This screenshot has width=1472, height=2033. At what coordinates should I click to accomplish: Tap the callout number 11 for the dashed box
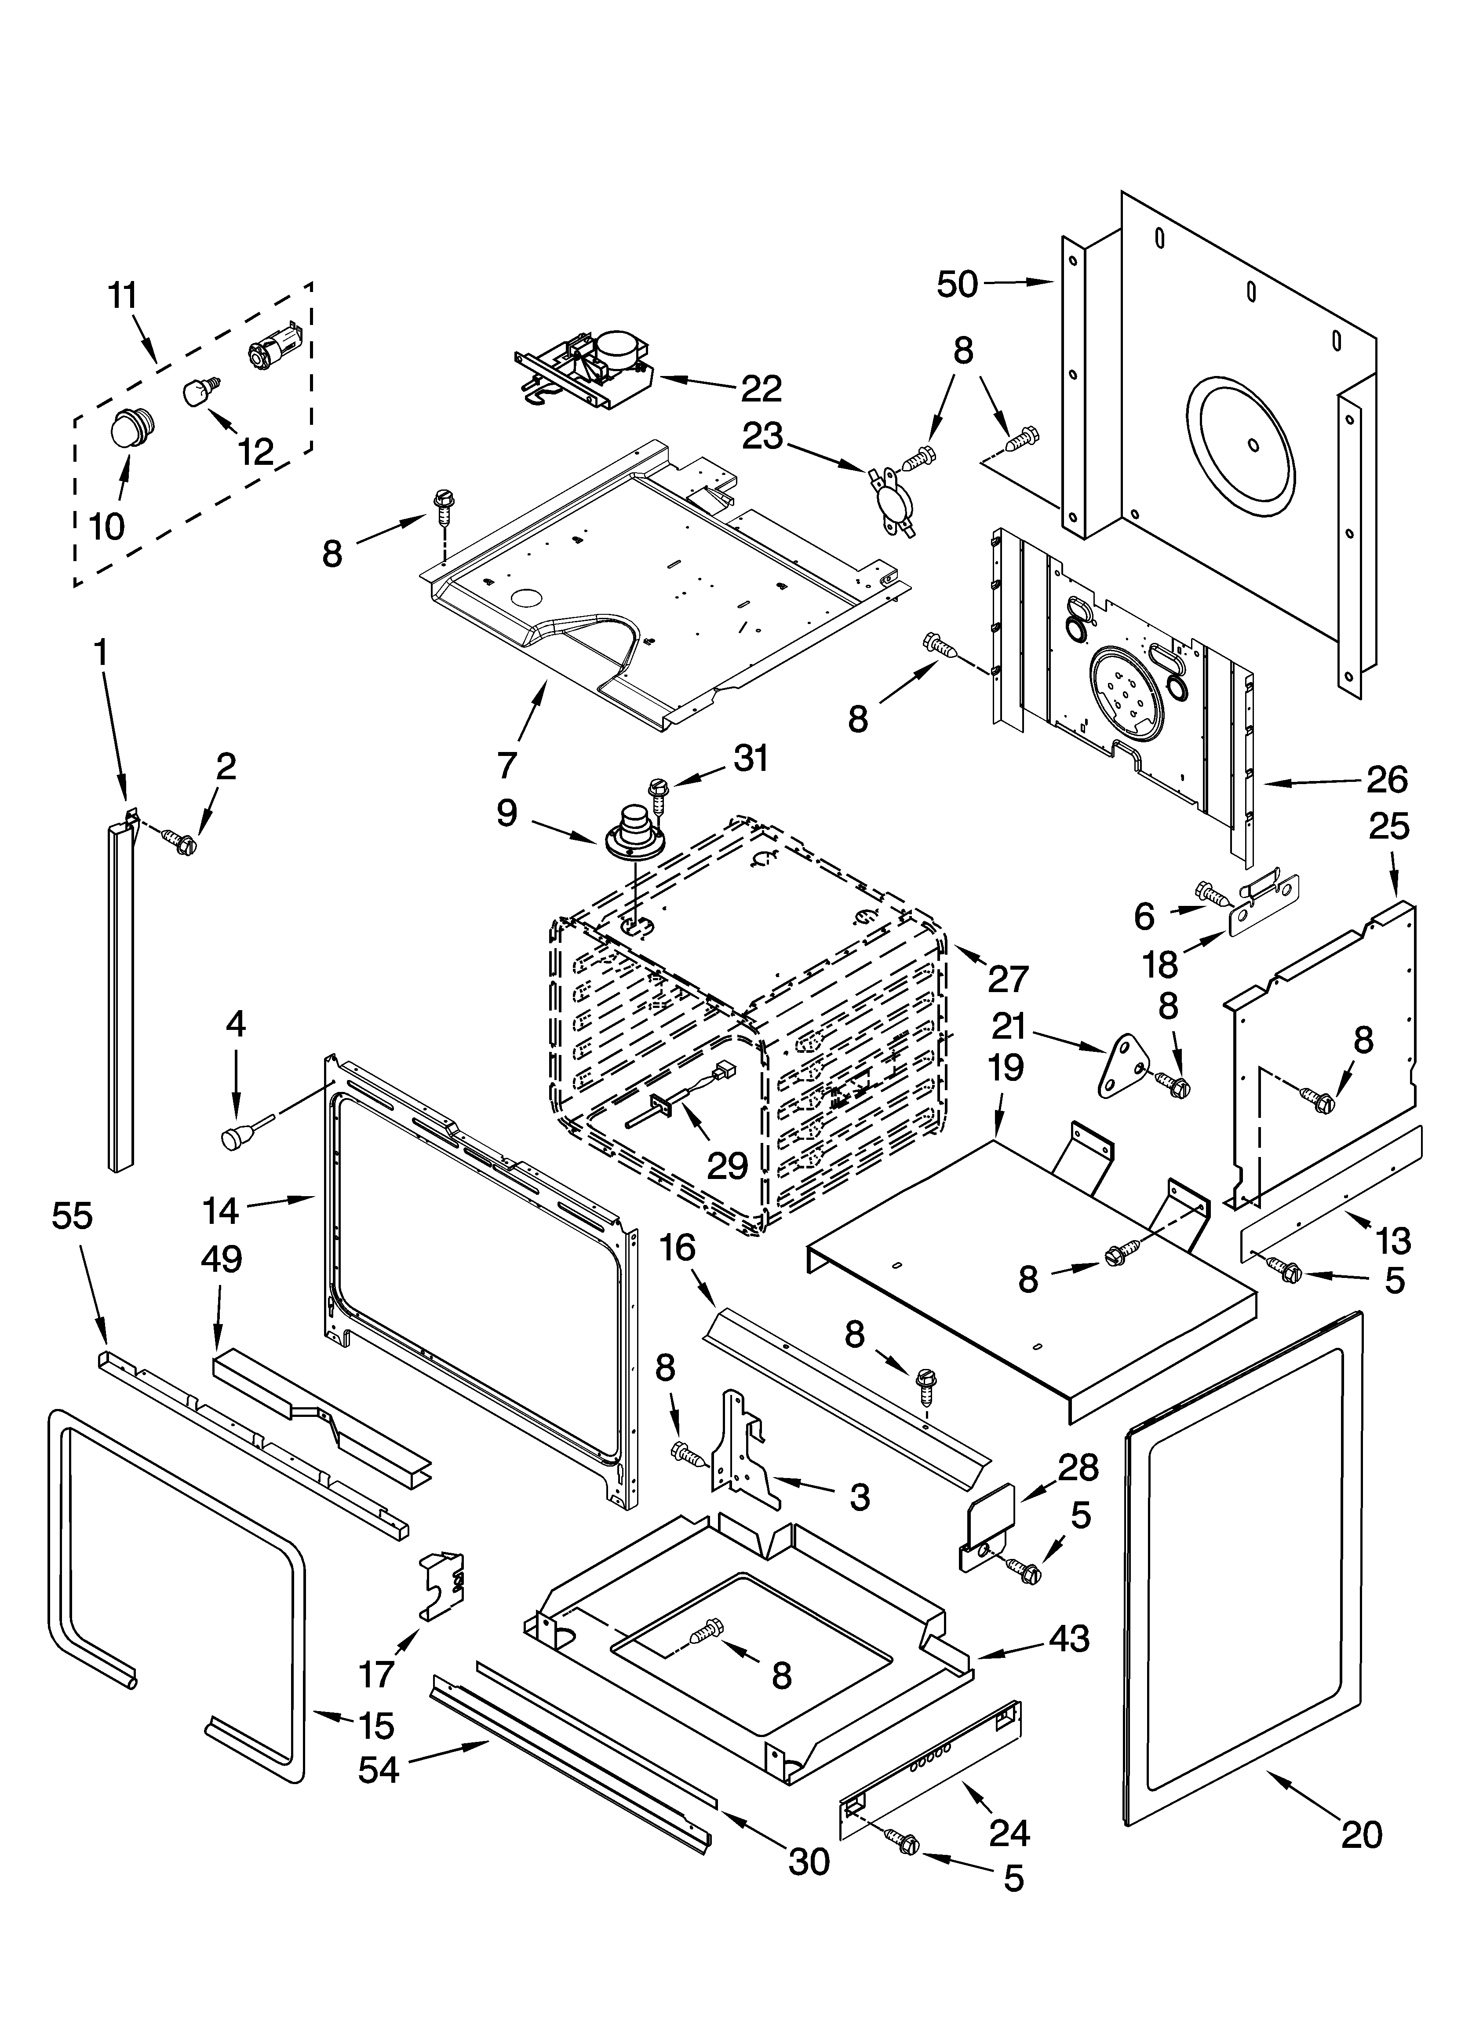(124, 296)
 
